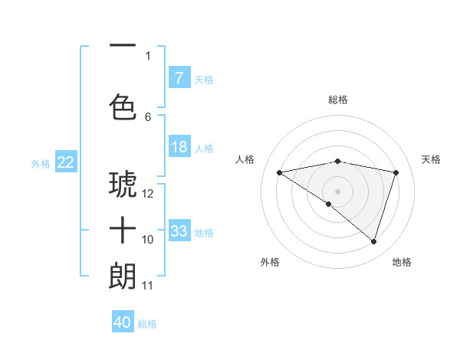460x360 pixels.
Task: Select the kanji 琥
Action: [x=123, y=184]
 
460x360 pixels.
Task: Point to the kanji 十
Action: [x=123, y=230]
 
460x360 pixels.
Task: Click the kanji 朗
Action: [x=123, y=276]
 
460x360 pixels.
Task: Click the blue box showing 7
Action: [x=179, y=78]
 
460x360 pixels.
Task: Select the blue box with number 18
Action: [x=179, y=147]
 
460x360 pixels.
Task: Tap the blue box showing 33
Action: [x=179, y=231]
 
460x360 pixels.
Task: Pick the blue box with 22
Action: [x=65, y=162]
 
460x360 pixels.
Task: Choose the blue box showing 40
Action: [x=123, y=322]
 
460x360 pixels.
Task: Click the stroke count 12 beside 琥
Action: [x=148, y=194]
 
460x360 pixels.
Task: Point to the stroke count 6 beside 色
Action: [x=148, y=116]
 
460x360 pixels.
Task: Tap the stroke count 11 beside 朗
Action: [x=148, y=286]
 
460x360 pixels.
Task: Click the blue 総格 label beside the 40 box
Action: [x=147, y=324]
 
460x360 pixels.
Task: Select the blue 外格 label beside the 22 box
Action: [x=40, y=163]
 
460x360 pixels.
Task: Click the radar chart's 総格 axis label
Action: [x=337, y=100]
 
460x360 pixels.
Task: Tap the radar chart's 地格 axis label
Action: [x=402, y=262]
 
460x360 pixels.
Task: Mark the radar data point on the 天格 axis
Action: [x=396, y=172]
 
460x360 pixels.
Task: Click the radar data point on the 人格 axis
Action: [x=280, y=172]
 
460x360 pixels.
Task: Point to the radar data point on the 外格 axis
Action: [x=329, y=204]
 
